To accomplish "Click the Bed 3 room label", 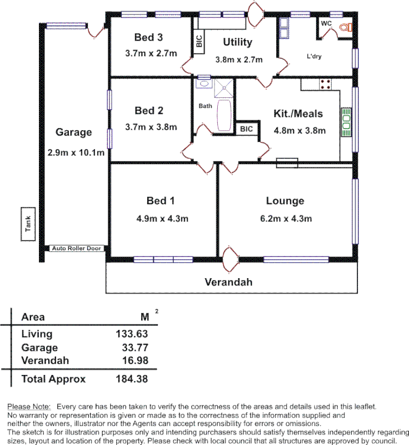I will (148, 38).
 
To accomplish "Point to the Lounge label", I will (285, 201).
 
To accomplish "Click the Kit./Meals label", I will (298, 114).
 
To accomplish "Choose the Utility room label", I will (237, 42).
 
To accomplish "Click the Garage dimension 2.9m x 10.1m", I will (77, 152).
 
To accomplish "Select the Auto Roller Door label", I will (77, 249).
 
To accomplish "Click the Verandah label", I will (228, 282).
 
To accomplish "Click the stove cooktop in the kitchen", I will (326, 85).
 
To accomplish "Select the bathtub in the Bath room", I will (225, 115).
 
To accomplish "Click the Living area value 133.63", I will (132, 334).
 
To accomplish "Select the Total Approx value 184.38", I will (132, 379).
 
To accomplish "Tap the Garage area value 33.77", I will (136, 348).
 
